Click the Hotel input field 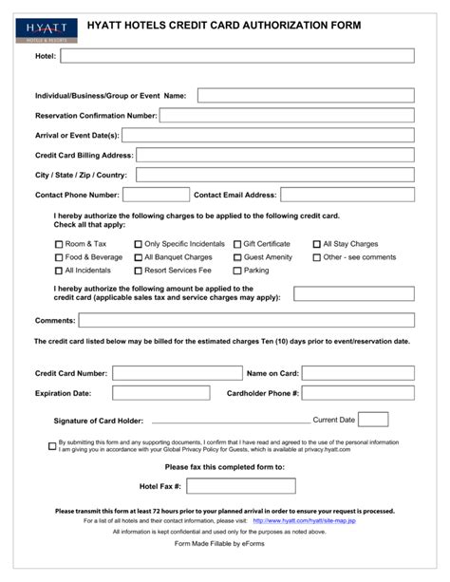pos(236,56)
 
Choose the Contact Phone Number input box pos(154,195)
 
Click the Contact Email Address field pos(347,195)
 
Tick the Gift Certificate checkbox pos(237,244)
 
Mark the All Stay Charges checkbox pos(317,244)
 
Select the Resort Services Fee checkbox pos(138,271)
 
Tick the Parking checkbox pos(237,271)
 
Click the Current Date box pos(373,420)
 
